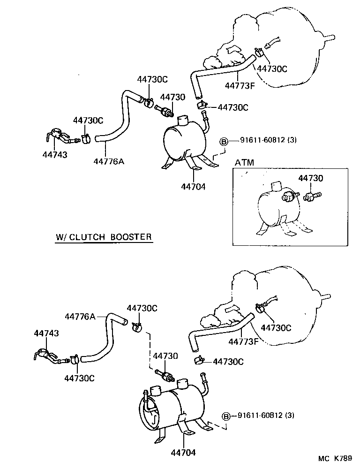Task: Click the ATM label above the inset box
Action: (x=244, y=163)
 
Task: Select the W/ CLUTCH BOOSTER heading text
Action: (x=104, y=236)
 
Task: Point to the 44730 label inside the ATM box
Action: (x=311, y=178)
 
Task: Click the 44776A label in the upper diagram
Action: (x=108, y=161)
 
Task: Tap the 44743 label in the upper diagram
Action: (x=54, y=154)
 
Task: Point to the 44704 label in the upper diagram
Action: (x=193, y=186)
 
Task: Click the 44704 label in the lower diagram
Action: (x=182, y=453)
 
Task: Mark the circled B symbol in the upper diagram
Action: (x=224, y=140)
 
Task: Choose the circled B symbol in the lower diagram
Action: (x=227, y=416)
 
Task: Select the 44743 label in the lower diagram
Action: (x=46, y=333)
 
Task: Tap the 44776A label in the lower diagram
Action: (x=80, y=317)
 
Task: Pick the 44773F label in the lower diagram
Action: (x=244, y=341)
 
